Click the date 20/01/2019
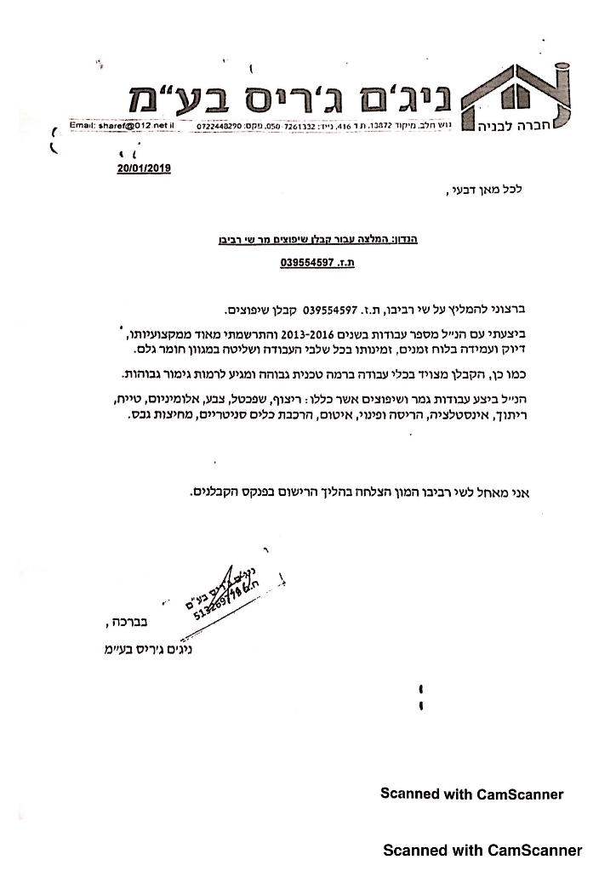(145, 168)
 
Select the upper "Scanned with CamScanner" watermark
(471, 794)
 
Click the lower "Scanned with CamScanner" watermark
(482, 850)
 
